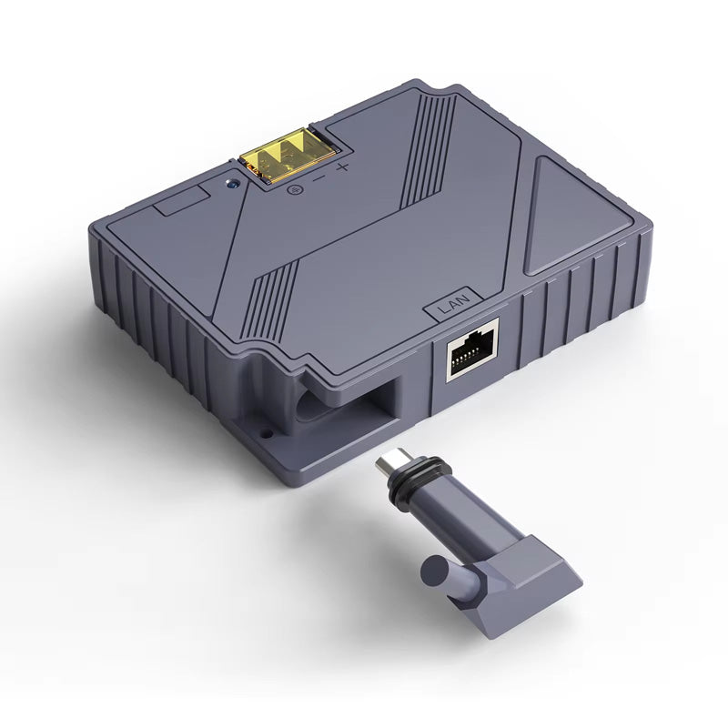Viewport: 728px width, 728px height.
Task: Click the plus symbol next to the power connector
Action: (x=342, y=167)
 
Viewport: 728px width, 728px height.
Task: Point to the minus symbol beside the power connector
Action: (x=318, y=178)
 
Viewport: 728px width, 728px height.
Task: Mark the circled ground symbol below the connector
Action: (x=294, y=189)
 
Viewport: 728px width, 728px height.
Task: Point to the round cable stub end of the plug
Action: (x=434, y=574)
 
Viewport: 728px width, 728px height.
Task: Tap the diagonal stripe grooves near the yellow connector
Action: (x=428, y=146)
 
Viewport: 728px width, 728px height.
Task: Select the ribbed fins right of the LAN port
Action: (x=582, y=300)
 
